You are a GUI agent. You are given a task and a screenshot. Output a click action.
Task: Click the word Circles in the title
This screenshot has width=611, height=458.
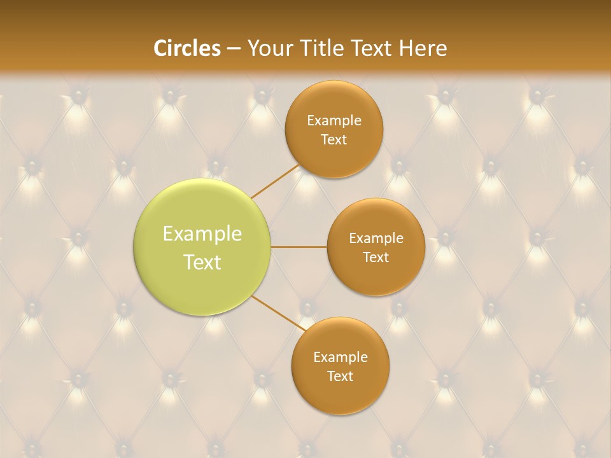pyautogui.click(x=186, y=48)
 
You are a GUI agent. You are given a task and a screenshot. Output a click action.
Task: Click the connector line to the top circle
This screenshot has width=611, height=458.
pyautogui.click(x=276, y=181)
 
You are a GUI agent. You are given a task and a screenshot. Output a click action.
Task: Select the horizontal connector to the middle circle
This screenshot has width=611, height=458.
pyautogui.click(x=299, y=247)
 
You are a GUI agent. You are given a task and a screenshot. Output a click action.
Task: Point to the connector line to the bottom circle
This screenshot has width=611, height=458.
pyautogui.click(x=279, y=314)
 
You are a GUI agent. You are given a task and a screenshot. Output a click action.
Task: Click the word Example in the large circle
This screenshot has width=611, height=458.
pyautogui.click(x=202, y=234)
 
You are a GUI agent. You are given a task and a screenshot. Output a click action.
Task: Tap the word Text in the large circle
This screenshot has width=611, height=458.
pyautogui.click(x=202, y=262)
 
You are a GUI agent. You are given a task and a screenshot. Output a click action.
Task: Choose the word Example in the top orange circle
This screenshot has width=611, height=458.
pyautogui.click(x=334, y=121)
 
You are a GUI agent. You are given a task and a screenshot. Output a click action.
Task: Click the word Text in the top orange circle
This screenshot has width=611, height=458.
pyautogui.click(x=334, y=140)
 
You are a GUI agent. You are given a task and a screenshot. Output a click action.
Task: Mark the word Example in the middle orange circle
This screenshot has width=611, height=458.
pyautogui.click(x=376, y=239)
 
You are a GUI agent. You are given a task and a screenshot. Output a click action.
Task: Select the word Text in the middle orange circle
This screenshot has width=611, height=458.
pyautogui.click(x=376, y=258)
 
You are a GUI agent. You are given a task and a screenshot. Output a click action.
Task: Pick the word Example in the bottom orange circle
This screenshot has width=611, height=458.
pyautogui.click(x=341, y=357)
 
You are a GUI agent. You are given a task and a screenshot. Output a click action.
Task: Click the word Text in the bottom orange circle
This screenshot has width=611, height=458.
pyautogui.click(x=341, y=377)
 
